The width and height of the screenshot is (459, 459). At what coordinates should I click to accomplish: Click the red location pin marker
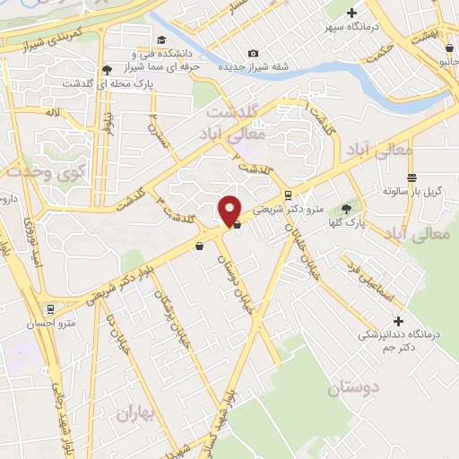coord(230,209)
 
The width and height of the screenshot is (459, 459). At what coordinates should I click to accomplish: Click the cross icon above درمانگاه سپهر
coord(351,13)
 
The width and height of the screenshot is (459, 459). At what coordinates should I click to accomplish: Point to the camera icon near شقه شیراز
coord(253,54)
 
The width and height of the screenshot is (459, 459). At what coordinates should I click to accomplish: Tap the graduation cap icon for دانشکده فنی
coord(161,39)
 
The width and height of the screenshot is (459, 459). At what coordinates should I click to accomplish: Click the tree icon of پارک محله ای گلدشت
coord(108,70)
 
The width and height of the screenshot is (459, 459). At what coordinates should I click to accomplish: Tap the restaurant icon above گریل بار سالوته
coord(411,178)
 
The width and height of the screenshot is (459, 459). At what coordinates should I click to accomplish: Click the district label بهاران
coord(136,413)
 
